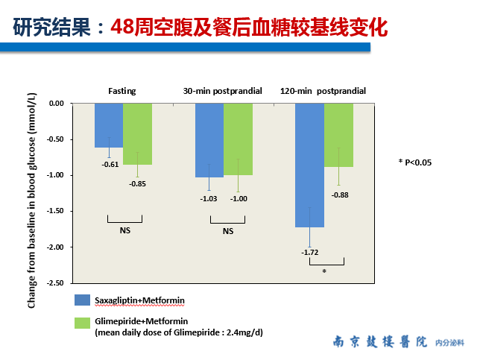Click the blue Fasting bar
(109, 125)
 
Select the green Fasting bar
(137, 134)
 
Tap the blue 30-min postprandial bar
(209, 140)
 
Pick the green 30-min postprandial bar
(238, 139)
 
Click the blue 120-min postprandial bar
(310, 165)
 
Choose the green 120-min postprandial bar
(339, 135)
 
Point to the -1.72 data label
(310, 253)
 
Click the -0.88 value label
(340, 195)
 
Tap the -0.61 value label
(110, 165)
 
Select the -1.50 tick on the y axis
(55, 211)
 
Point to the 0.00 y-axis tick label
(57, 104)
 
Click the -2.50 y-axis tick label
(55, 283)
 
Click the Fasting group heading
(122, 91)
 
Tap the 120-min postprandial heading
(323, 91)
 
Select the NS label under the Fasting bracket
(125, 230)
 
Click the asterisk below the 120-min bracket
(324, 271)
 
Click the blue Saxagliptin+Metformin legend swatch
(82, 300)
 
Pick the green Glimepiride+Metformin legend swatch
(82, 323)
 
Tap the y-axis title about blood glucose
(32, 200)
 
